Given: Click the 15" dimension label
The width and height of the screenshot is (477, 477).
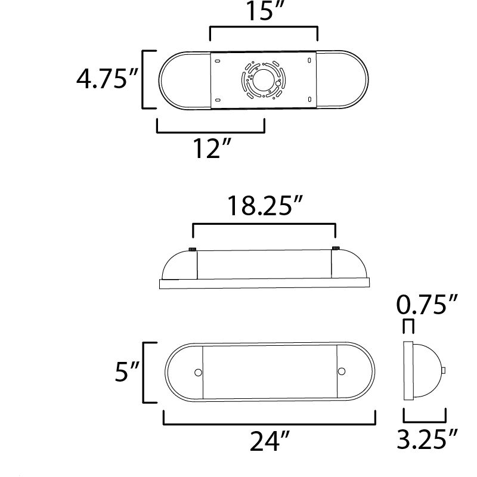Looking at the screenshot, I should pyautogui.click(x=263, y=12).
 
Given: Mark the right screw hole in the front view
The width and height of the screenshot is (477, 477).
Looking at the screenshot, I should pyautogui.click(x=341, y=372).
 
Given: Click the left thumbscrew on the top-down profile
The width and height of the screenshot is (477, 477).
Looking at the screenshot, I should pyautogui.click(x=193, y=248).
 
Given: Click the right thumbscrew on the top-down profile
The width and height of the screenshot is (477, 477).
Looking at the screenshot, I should pyautogui.click(x=335, y=248).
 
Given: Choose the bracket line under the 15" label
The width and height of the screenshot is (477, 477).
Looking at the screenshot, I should pyautogui.click(x=263, y=27).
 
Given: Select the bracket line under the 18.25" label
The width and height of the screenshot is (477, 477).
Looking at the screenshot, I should pyautogui.click(x=264, y=225).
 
